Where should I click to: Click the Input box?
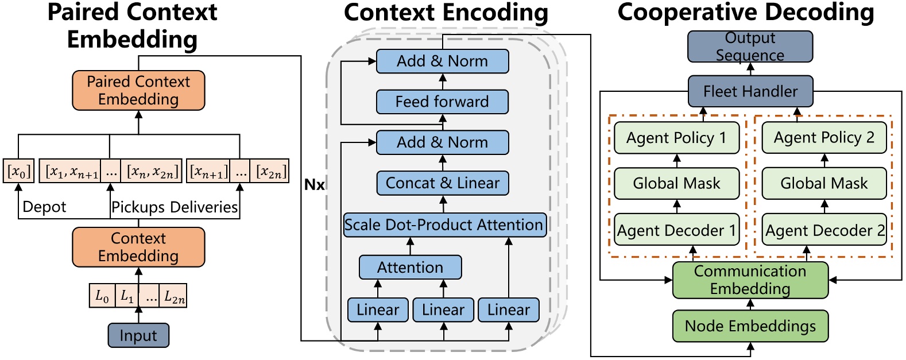(138, 335)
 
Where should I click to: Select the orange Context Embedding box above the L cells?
(138, 247)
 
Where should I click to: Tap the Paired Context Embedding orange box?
(138, 90)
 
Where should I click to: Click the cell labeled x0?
(18, 171)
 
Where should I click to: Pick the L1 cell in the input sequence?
(127, 296)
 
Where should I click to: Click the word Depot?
(44, 207)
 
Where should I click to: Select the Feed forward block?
(442, 102)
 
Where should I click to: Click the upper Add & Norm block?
(442, 61)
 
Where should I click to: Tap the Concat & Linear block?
(442, 183)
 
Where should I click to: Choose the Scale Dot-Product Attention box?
(444, 224)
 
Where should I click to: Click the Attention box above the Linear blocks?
(410, 268)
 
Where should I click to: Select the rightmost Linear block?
(508, 310)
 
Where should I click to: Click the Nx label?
(314, 185)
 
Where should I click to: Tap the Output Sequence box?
(750, 47)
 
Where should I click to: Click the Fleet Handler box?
(750, 91)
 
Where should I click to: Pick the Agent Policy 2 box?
(824, 137)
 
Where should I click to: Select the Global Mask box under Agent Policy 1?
(676, 183)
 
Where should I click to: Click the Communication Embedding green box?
(750, 280)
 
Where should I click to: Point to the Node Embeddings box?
(750, 326)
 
